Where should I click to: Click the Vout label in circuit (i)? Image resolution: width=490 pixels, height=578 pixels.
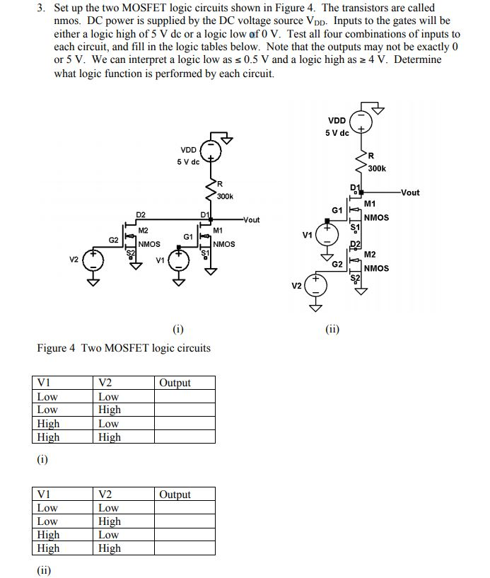tap(250, 220)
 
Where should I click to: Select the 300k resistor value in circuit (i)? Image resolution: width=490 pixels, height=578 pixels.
tap(225, 196)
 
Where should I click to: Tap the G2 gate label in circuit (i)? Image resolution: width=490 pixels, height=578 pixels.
tap(113, 241)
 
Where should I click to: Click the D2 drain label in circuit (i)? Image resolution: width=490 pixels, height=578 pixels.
tap(141, 214)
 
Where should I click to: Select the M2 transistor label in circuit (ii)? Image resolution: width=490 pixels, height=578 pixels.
tap(370, 255)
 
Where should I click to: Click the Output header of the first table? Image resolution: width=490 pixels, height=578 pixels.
tap(175, 383)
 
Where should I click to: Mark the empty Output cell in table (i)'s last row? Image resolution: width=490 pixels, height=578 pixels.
tap(185, 437)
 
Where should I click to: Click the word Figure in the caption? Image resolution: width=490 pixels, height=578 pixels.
tap(52, 348)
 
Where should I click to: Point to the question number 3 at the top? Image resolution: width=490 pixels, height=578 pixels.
tap(40, 8)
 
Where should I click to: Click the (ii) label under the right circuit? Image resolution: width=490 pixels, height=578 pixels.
tap(333, 328)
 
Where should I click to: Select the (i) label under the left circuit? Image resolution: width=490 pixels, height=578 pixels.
tap(177, 328)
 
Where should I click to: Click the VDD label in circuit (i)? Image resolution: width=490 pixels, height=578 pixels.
tap(188, 149)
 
